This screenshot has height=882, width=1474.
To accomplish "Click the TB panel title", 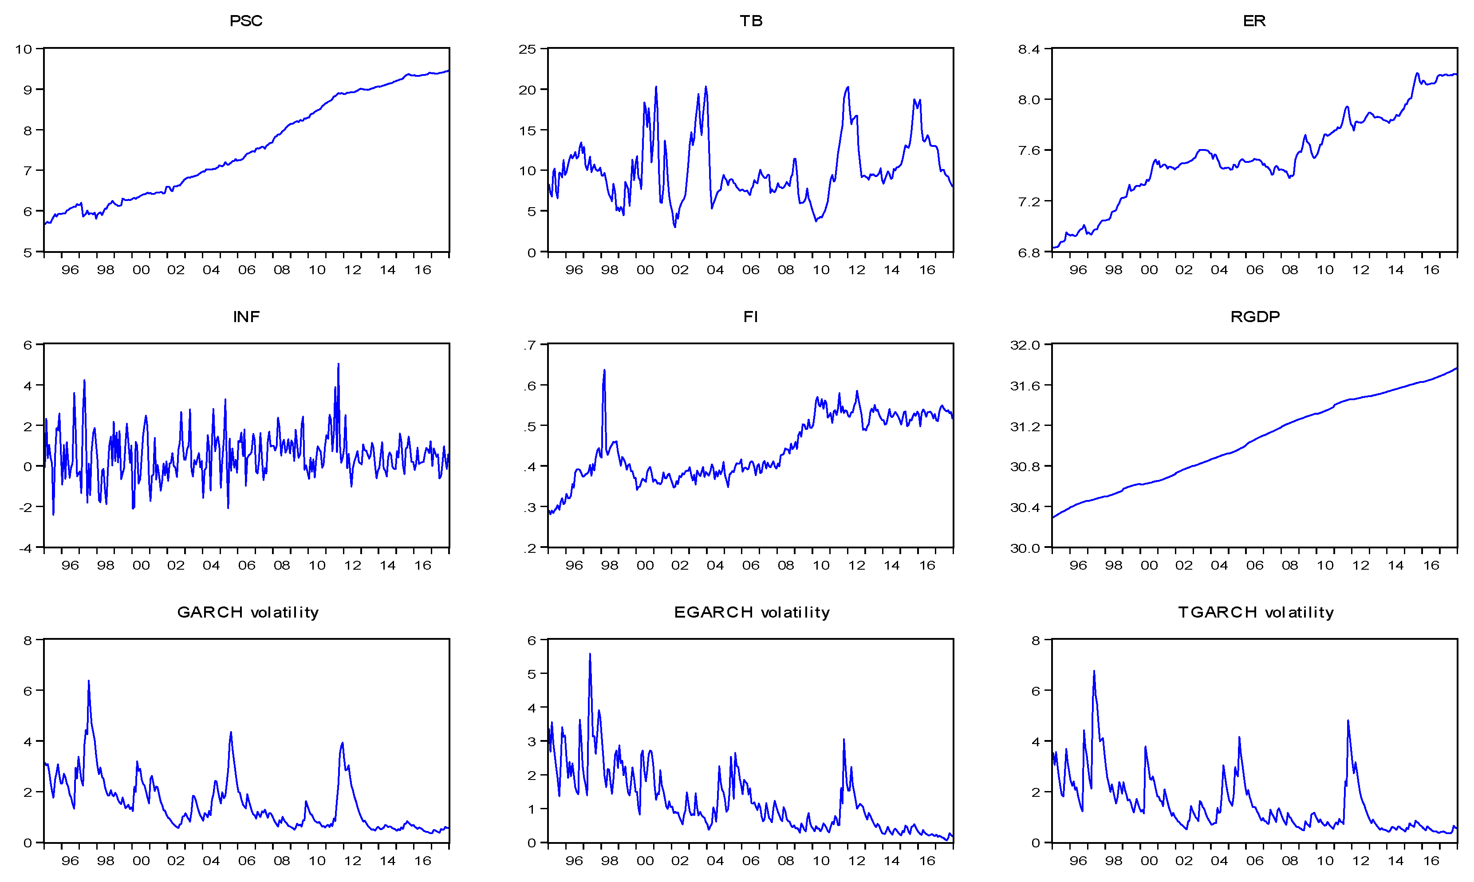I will click(751, 21).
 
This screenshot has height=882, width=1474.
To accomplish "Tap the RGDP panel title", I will click(1255, 317).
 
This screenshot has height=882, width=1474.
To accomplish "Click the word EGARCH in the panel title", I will click(713, 612).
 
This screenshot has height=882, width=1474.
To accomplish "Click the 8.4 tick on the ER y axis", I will click(1029, 49).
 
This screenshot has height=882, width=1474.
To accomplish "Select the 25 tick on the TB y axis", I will click(527, 49).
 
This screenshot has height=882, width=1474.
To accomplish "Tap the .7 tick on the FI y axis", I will click(530, 345).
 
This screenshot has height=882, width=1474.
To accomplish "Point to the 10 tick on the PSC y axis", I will click(24, 49).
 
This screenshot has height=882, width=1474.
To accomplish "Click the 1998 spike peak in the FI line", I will click(604, 370).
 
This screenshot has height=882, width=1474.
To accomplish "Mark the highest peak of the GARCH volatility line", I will click(89, 681).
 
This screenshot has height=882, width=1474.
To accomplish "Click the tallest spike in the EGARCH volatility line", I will click(590, 654).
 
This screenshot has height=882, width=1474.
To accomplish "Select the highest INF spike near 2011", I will click(338, 364).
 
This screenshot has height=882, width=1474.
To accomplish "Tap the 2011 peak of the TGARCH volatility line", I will click(1348, 721).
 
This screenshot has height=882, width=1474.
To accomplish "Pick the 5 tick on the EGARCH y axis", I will click(532, 674).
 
